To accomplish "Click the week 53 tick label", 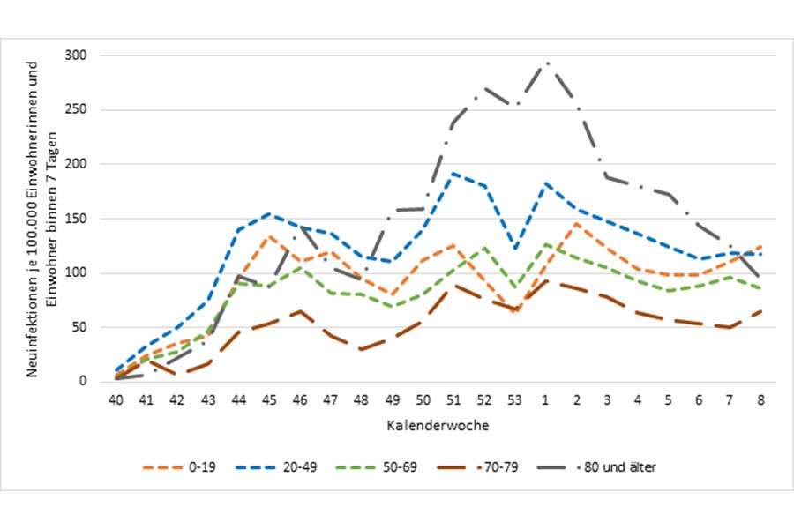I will tap(515, 399).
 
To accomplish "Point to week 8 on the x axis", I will tap(761, 399).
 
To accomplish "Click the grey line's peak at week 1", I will tap(546, 63).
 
